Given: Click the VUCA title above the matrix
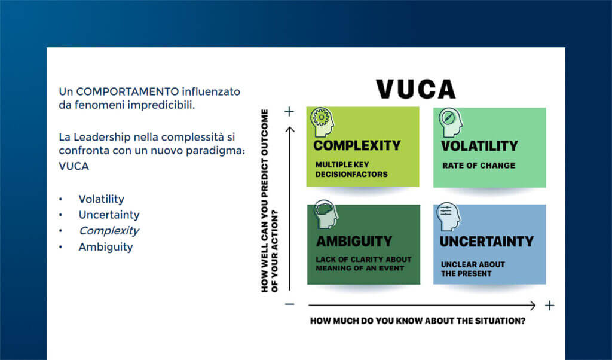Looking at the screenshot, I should [415, 89].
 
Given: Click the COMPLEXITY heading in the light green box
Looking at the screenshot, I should [357, 145].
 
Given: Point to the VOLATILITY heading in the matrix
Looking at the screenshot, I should [479, 146].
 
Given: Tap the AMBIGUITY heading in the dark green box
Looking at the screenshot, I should [354, 242].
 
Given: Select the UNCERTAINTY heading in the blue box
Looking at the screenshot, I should [486, 242].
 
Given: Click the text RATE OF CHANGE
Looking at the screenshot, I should [478, 166].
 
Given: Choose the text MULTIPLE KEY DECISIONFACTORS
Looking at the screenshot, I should [351, 170].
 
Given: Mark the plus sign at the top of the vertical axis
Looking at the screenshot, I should [289, 112].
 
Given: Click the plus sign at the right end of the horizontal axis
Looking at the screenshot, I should [550, 306].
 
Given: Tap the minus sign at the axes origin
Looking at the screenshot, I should [289, 304].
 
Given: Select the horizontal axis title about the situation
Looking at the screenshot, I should [417, 321].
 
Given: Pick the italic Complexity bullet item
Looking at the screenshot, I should [109, 231].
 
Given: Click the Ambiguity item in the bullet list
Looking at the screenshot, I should [106, 246].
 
